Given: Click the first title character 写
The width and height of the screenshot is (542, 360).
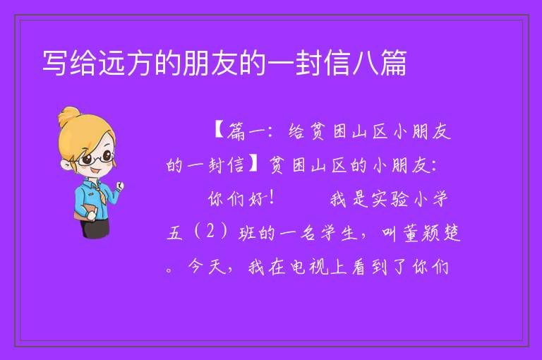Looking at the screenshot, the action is pos(54,63).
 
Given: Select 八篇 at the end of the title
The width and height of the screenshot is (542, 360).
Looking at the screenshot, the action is pos(380,63).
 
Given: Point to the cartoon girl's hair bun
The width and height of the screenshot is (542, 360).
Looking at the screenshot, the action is pos(69,116).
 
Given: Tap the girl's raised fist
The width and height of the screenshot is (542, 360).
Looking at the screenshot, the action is pos(119,187).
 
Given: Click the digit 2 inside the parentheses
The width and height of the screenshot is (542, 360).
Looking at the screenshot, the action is pos(210,231).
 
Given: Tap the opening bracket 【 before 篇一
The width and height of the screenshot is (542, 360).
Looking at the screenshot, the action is pos(219,131).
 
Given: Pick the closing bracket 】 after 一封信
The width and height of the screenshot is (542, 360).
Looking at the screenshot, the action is pos(254,164).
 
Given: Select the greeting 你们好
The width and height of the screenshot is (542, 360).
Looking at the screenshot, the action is pos(237,198).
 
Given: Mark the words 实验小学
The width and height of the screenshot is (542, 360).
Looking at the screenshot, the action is pos(389,198).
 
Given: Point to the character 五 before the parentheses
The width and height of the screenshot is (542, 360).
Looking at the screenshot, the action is pos(174,233).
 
